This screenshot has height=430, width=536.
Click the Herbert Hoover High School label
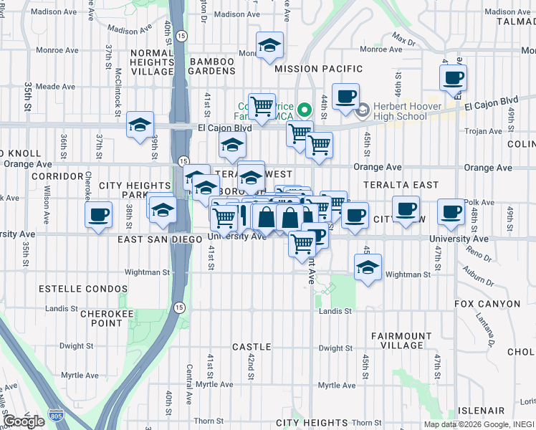401,112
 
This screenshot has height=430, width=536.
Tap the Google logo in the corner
24,421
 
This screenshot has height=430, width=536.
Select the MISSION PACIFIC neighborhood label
320,69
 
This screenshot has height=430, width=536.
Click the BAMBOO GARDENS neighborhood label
213,67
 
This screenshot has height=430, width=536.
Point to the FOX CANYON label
487,304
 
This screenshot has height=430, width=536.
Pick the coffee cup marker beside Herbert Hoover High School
345,96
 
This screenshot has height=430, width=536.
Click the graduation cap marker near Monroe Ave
269,45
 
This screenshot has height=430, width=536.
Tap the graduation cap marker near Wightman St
368,268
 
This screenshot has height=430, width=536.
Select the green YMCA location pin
305,110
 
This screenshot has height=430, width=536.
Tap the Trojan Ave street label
484,131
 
